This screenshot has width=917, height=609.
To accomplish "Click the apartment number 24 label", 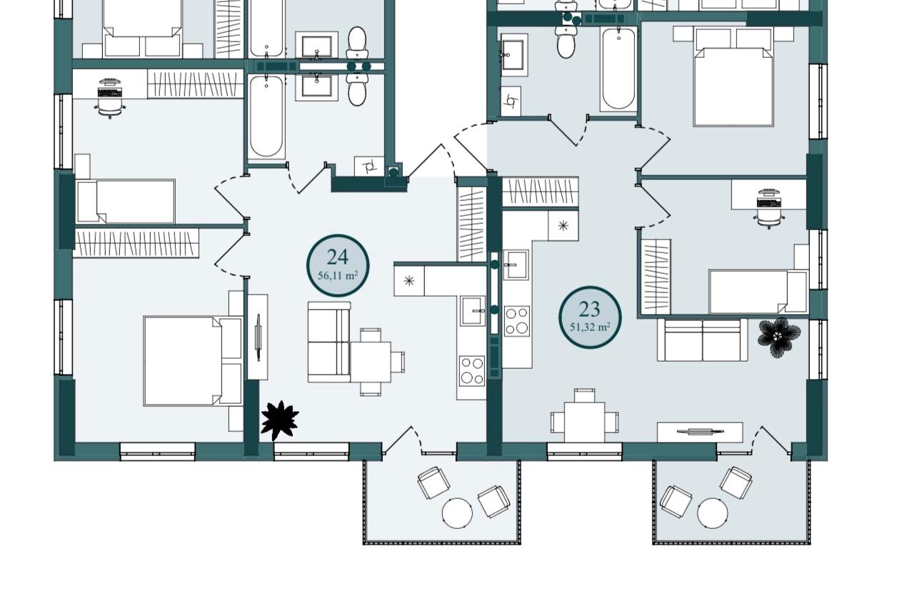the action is coord(337,257).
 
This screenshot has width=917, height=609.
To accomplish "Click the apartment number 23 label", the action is coord(589,309).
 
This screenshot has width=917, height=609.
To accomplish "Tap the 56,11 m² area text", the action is coord(338,275).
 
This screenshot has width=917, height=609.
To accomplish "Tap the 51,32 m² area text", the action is coord(590,327).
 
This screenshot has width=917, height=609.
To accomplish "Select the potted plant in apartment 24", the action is coord(280,421).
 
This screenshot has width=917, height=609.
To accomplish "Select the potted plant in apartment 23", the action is coord(779,337).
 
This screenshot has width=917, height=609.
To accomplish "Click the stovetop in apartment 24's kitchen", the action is coord(471,371).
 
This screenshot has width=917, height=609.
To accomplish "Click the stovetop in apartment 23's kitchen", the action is coord(516,322).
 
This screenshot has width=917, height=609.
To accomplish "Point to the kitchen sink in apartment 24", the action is coord(473,311).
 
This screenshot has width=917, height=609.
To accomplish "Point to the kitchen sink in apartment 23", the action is coord(516,264).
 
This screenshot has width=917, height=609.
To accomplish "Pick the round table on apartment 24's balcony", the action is coord(457,513).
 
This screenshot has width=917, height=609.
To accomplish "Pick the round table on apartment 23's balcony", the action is coord(713,513).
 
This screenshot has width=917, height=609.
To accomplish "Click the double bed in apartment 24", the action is coord(193,361).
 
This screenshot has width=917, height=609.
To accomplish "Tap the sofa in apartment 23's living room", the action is coord(703,340).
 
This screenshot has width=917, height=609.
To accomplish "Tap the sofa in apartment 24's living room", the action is coord(329,342).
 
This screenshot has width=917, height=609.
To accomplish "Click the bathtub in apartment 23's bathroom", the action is coord(618,69).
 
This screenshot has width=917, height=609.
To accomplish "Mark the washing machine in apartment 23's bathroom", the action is coord(511,101).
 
